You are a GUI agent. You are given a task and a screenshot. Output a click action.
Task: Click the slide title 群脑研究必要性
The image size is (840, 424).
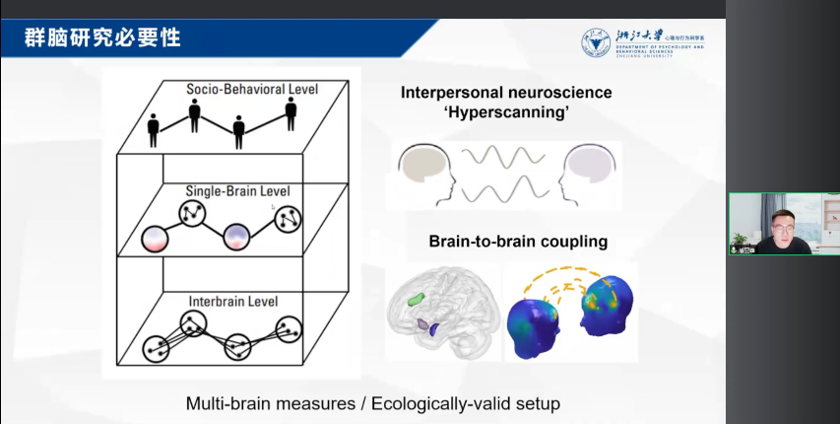(103, 39)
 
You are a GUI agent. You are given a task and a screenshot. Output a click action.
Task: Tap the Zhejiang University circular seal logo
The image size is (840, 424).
(595, 42)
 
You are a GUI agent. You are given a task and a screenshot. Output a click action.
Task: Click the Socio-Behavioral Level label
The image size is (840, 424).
(252, 90)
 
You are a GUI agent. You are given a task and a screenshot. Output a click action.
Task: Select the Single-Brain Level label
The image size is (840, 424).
(237, 190)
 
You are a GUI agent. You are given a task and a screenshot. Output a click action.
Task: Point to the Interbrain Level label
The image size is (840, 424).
(232, 300)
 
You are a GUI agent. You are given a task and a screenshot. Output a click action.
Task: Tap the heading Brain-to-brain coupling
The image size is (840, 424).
(518, 241)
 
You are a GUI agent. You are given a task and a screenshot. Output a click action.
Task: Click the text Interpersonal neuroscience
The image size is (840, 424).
(506, 93)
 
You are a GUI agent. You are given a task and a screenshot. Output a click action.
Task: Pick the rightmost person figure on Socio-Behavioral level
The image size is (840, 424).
(291, 113)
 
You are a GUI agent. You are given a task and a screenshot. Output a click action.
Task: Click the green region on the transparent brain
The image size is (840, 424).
(419, 295)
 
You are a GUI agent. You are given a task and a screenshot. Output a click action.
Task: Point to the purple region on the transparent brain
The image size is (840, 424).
(424, 323)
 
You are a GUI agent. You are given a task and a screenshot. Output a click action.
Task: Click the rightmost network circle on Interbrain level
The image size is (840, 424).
(288, 327)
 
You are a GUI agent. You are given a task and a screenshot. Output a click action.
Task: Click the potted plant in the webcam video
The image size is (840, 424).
(739, 240)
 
